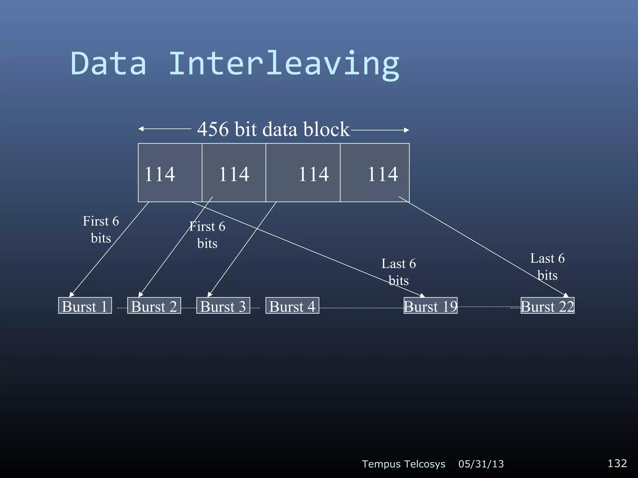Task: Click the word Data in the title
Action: coord(108,64)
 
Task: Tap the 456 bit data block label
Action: coord(274,129)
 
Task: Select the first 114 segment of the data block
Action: coord(170,173)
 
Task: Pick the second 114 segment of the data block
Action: coord(234,173)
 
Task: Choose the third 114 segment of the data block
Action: coord(303,173)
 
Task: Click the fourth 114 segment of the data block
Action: coord(375,173)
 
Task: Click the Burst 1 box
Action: coord(85,306)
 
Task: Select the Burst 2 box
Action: coord(154,306)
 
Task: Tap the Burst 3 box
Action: coord(223,306)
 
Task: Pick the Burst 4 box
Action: coord(292,306)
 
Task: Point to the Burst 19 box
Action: coord(431,306)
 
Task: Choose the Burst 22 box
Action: coord(547,306)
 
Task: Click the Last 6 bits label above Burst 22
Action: coord(547,267)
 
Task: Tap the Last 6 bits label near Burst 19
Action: coord(398,272)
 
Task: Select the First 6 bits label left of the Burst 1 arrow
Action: coord(101,230)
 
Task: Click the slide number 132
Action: coord(617,463)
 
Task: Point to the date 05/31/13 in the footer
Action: coord(481,464)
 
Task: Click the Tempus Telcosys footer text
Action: coord(403,464)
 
